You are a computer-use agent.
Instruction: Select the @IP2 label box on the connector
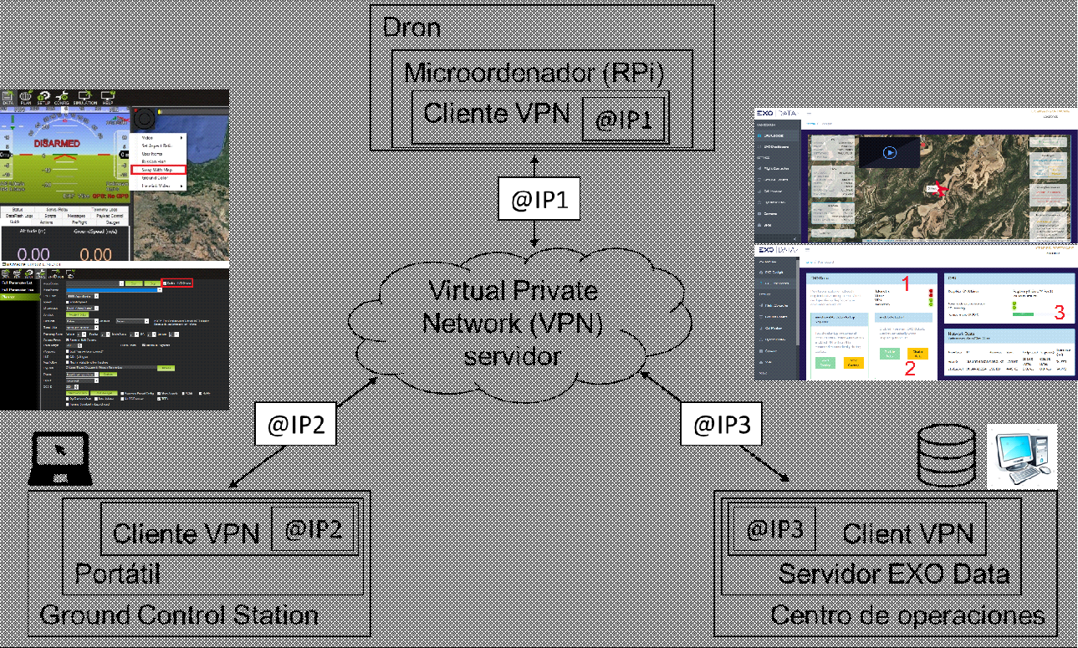pos(295,424)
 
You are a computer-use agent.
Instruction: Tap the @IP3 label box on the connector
pos(722,424)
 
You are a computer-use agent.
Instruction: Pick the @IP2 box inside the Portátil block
pos(314,529)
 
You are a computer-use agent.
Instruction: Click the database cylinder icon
pos(947,455)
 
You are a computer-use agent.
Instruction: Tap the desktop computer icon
pos(1021,456)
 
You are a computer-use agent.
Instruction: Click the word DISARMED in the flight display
pos(57,144)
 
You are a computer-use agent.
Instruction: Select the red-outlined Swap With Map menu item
pos(157,170)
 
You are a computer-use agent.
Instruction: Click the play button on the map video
pos(889,153)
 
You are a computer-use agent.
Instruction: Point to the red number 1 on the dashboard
pos(905,284)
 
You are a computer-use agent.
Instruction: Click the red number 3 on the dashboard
pos(1059,314)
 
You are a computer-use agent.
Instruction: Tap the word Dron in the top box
pos(411,28)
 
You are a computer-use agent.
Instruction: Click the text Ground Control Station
pos(179,616)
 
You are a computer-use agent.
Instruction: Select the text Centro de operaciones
pos(907,616)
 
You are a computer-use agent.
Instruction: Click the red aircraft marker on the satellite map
pos(943,191)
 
